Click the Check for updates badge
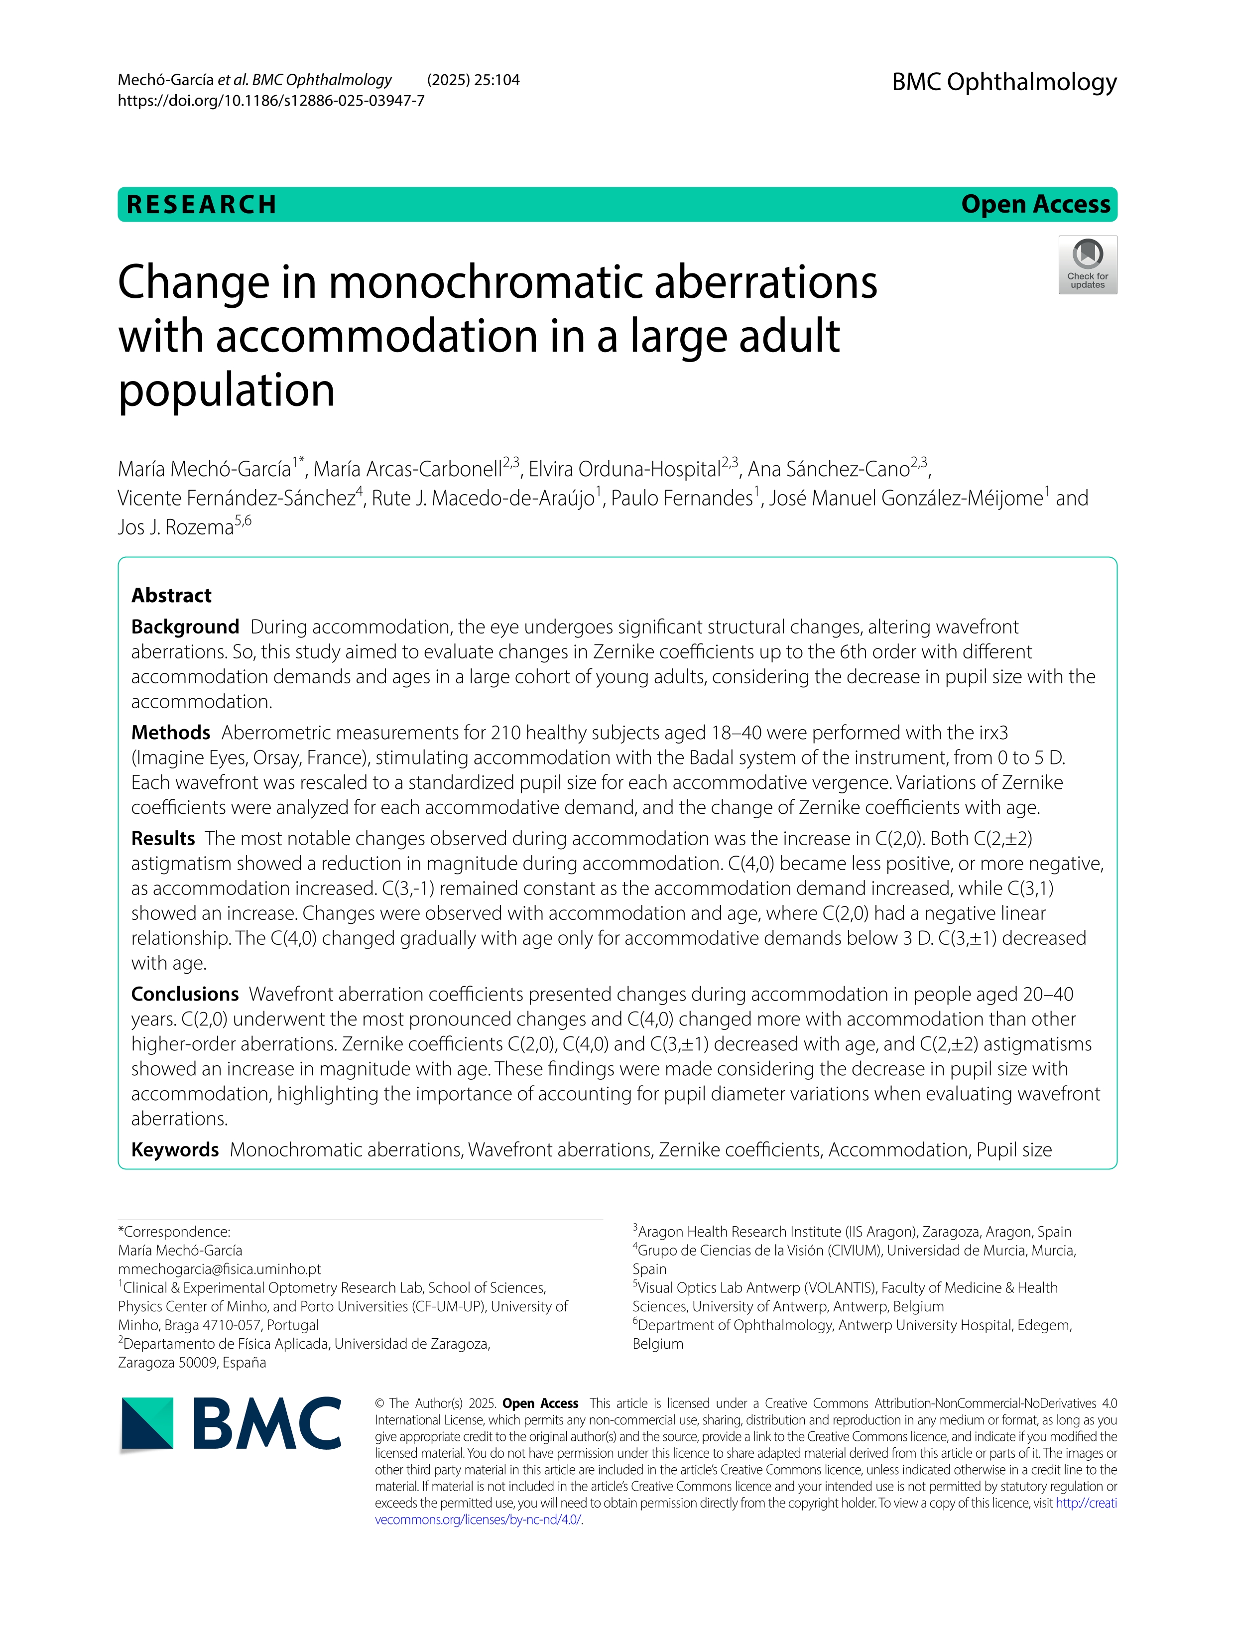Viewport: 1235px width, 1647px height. tap(1087, 265)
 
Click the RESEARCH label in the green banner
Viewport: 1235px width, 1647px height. tap(202, 205)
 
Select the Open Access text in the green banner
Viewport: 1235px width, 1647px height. tap(1035, 204)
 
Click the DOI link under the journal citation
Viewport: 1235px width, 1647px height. tap(271, 101)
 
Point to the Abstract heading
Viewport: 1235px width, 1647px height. tap(171, 595)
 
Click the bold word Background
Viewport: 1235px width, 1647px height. tap(185, 627)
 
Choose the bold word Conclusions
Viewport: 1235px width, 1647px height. tap(185, 994)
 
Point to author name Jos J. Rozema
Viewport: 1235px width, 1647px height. tap(176, 527)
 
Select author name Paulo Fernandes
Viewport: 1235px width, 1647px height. tap(681, 498)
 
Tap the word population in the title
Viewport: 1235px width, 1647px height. tap(226, 390)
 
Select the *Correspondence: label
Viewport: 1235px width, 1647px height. tap(174, 1232)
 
